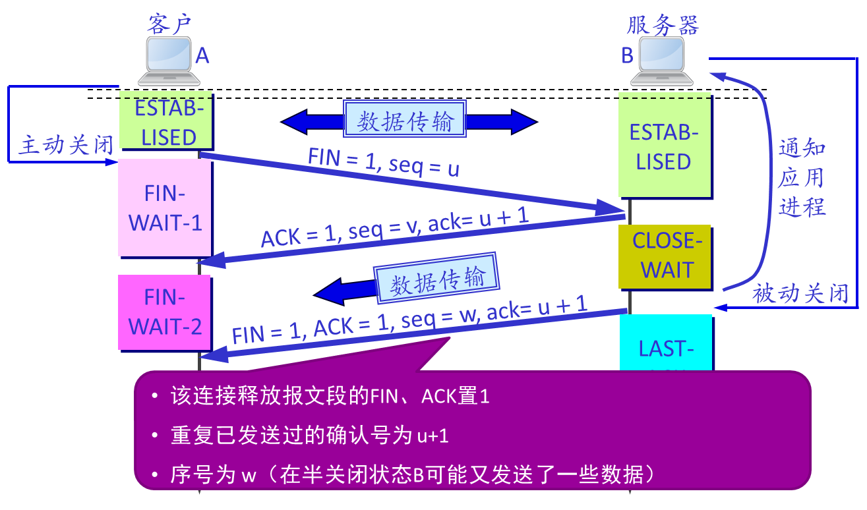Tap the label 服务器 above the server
click(x=662, y=25)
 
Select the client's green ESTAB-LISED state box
click(x=165, y=122)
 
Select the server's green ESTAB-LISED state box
click(x=664, y=146)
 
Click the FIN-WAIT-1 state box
click(x=165, y=208)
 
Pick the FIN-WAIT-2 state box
click(x=164, y=312)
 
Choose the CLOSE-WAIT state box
click(x=665, y=256)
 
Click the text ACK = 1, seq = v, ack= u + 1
click(x=394, y=228)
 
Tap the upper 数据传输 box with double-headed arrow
click(x=405, y=121)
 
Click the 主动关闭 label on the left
click(x=66, y=144)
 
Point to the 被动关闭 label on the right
click(x=800, y=293)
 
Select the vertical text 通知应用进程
click(x=802, y=178)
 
